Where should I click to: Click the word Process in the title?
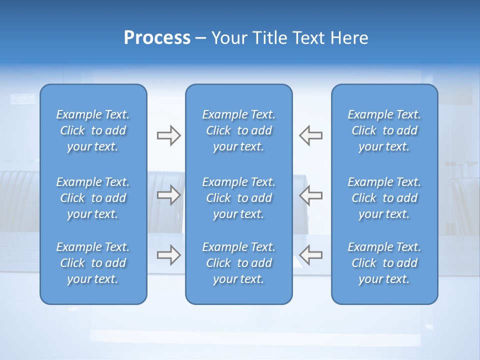tap(157, 38)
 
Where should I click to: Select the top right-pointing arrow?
tap(168, 135)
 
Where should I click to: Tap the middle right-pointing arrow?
tap(168, 195)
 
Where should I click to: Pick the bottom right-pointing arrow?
tap(168, 255)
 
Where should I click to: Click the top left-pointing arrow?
tap(310, 135)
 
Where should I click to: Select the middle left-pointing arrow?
tap(310, 195)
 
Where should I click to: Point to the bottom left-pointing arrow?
tap(310, 255)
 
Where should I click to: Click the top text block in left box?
tap(93, 130)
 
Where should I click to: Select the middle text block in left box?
tap(93, 198)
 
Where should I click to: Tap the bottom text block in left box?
tap(93, 263)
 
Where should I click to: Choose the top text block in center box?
tap(238, 130)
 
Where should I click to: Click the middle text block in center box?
tap(238, 198)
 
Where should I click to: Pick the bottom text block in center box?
tap(238, 263)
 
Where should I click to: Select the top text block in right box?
tap(384, 130)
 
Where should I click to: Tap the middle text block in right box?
tap(384, 198)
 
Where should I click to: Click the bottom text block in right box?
tap(384, 263)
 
